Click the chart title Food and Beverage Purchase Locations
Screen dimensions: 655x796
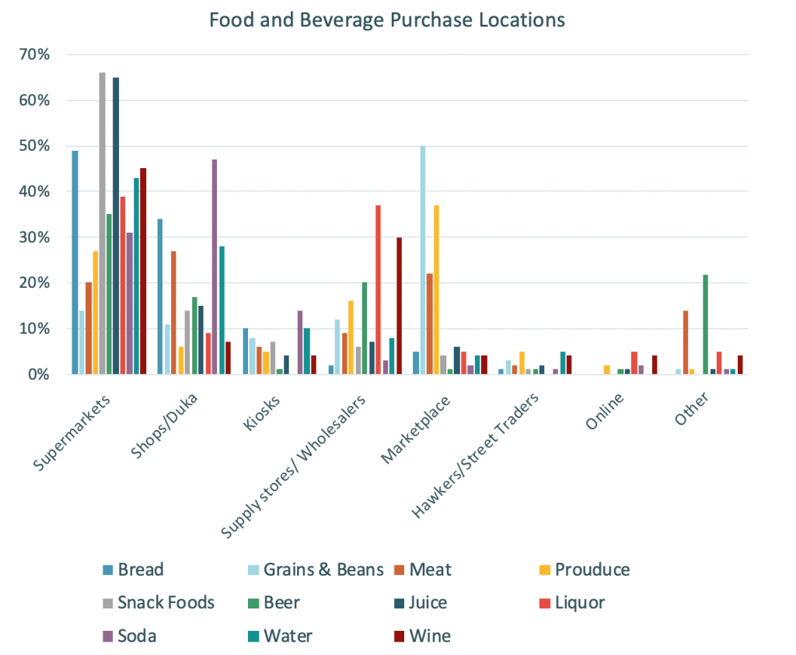pyautogui.click(x=386, y=19)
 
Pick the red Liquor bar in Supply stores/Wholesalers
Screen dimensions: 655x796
pyautogui.click(x=379, y=289)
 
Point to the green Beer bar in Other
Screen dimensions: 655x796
pyautogui.click(x=705, y=324)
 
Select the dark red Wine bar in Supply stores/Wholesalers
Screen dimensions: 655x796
pyautogui.click(x=400, y=306)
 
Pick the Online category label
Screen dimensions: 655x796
pyautogui.click(x=605, y=409)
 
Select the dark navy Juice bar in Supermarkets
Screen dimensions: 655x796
pyautogui.click(x=116, y=226)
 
